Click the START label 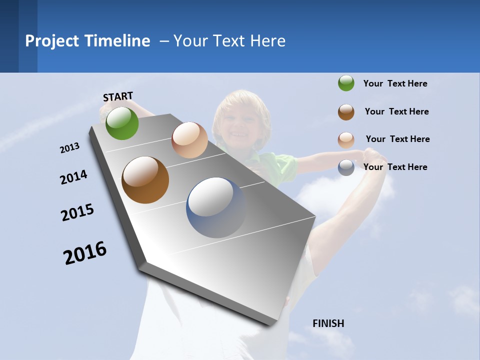coord(118,96)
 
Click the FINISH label coord(328,323)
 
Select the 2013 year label coord(70,147)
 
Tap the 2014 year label coord(74,177)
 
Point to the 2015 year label coord(77,212)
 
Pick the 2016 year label coord(85,252)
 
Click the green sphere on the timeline coord(122,123)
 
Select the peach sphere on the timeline coord(189,140)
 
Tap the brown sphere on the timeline coord(145,180)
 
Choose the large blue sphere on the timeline coord(216,207)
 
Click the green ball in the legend coord(346,83)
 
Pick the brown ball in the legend coord(346,111)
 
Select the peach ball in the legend coord(346,139)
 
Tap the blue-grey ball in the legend coord(346,167)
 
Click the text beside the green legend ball coord(395,83)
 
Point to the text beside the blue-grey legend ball coord(395,167)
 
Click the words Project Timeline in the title coord(87,41)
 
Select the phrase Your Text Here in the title coord(229,41)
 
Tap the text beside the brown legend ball coord(396,111)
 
